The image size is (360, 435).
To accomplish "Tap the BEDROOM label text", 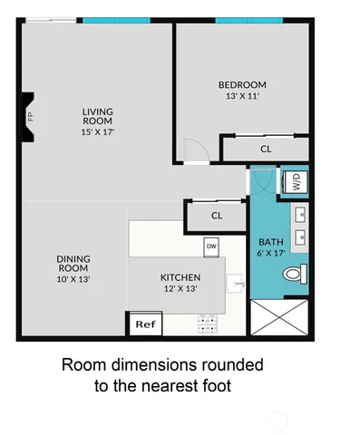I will (x=246, y=85).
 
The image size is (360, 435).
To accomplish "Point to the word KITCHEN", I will (x=180, y=277).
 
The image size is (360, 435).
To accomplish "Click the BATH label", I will (x=271, y=242).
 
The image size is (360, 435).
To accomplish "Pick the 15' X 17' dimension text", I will (x=97, y=131).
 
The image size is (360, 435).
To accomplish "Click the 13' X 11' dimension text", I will (x=246, y=96).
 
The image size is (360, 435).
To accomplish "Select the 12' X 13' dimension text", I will (x=180, y=288).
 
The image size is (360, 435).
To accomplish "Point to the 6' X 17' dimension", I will (x=271, y=253).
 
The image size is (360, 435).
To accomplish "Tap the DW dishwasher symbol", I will (x=210, y=246).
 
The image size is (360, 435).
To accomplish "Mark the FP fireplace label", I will (x=30, y=116).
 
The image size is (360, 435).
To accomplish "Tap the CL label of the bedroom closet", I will (x=265, y=149).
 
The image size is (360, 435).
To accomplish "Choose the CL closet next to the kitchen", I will (x=217, y=216).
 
